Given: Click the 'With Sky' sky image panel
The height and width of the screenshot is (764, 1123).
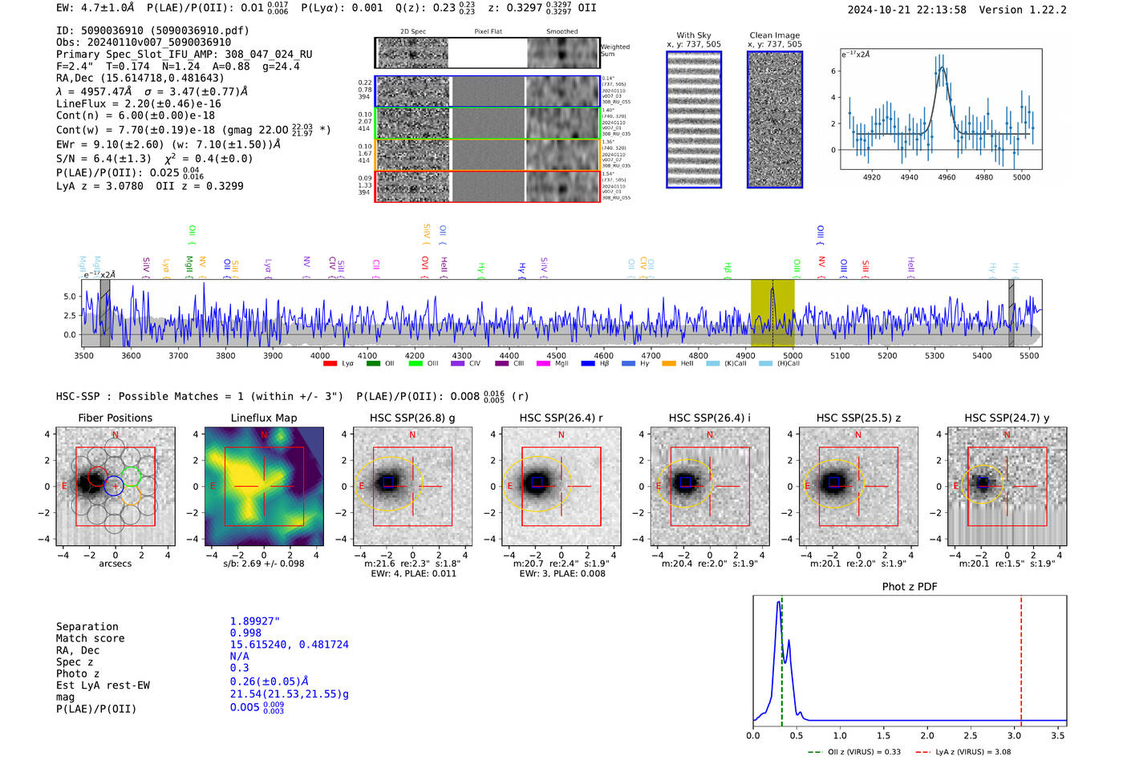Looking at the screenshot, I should (x=694, y=119).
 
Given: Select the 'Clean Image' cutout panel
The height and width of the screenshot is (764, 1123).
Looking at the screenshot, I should (x=774, y=119).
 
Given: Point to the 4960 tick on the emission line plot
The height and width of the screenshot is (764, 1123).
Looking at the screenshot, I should (x=947, y=177).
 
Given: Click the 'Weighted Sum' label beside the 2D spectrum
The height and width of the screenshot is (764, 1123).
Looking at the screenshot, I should (x=614, y=51).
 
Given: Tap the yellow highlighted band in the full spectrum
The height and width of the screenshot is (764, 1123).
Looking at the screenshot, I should (x=772, y=313).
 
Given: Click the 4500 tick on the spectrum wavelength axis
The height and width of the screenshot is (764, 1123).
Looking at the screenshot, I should (x=556, y=356).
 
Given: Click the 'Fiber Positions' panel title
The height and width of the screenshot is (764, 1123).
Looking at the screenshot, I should (x=115, y=418).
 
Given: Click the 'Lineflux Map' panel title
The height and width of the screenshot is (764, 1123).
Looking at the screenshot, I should (x=264, y=418).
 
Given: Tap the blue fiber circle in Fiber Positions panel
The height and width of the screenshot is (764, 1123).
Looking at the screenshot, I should (x=113, y=485).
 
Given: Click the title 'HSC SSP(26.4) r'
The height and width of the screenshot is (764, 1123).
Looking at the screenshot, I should (x=561, y=418).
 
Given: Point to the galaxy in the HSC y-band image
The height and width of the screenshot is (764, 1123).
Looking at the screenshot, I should (x=982, y=483).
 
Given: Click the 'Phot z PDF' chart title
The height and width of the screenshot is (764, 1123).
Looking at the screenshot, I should (x=910, y=587).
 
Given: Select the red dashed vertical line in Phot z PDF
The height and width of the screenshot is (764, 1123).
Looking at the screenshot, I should (x=1021, y=657).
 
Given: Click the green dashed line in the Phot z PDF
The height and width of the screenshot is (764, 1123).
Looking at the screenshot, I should (x=781, y=657).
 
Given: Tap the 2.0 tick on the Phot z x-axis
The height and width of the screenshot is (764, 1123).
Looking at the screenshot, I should (x=927, y=735).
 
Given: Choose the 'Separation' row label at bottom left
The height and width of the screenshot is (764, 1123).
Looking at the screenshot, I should (x=87, y=627).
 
